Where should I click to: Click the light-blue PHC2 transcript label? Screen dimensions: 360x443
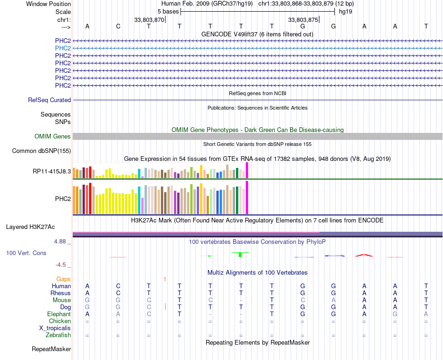coord(63,48)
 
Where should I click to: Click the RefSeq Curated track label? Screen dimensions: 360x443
coord(49,100)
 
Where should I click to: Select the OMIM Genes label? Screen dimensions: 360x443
coord(53,137)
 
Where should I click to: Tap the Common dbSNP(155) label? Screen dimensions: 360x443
coord(42,151)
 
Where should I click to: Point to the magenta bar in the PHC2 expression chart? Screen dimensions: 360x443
coord(247,197)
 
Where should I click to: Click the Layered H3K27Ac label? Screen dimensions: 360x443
coord(30,227)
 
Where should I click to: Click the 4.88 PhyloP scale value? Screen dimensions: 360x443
coord(61,242)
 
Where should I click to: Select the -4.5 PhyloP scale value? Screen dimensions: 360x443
coord(61,265)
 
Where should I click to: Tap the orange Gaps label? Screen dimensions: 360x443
coord(63,279)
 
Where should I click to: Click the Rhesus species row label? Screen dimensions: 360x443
coord(61,293)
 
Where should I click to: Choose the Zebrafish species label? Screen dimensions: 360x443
coord(58,335)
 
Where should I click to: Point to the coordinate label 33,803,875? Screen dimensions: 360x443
coord(303,20)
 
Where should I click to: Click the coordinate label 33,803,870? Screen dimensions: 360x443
coord(149,20)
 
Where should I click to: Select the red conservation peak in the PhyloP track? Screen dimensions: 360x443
coord(364,255)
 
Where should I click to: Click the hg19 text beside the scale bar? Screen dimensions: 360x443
coord(345,11)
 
